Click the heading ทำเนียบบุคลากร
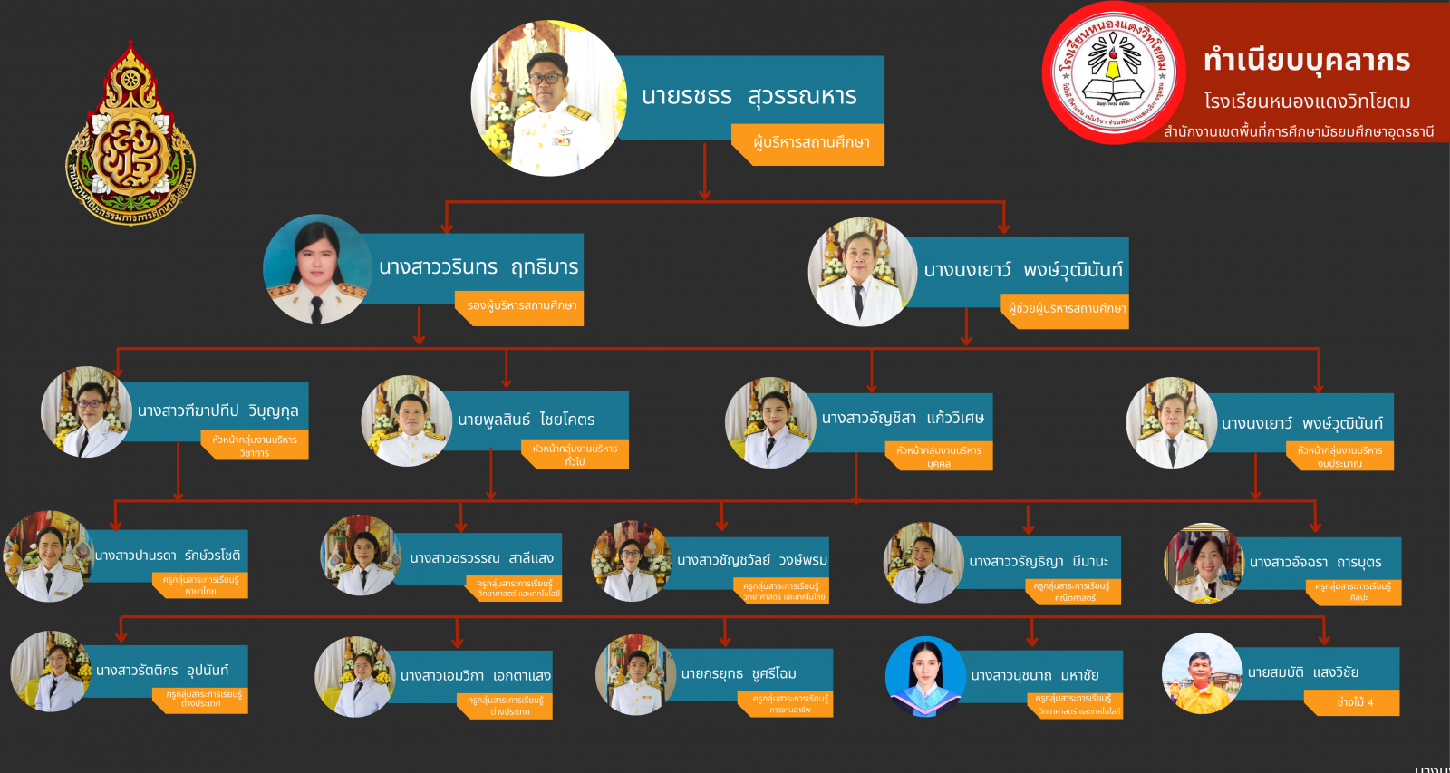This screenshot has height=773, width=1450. pos(1306,61)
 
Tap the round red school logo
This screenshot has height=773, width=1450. pos(1114,72)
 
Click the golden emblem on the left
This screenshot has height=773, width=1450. pos(130,133)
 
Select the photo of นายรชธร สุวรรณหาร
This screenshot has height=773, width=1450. pos(548,98)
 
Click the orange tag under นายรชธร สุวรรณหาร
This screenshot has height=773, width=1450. pos(807,143)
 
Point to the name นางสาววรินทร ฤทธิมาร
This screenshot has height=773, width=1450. pos(478,267)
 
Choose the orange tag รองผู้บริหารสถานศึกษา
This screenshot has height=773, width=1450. pos(520,306)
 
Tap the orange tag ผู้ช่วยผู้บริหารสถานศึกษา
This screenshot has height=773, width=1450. pos(1066,309)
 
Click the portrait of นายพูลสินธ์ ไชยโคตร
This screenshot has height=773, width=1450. pos(406,420)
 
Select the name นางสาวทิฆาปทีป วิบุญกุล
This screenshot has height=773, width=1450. pos(217,411)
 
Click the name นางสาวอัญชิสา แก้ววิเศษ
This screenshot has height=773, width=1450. pos(902,418)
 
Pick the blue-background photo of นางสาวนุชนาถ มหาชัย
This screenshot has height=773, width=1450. pos(925,676)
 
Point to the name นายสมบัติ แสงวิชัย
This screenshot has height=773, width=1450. pos(1302,672)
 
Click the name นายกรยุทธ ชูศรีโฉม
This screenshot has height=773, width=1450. pos(739,673)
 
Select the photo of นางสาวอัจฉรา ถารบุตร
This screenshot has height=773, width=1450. pos(1204,564)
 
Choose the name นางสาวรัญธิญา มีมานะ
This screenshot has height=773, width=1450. pos(1039,562)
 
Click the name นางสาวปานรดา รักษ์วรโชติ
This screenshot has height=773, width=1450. pos(168,556)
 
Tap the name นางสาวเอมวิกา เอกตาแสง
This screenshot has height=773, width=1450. pos(475,676)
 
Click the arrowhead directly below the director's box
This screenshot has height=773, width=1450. pos(704,193)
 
